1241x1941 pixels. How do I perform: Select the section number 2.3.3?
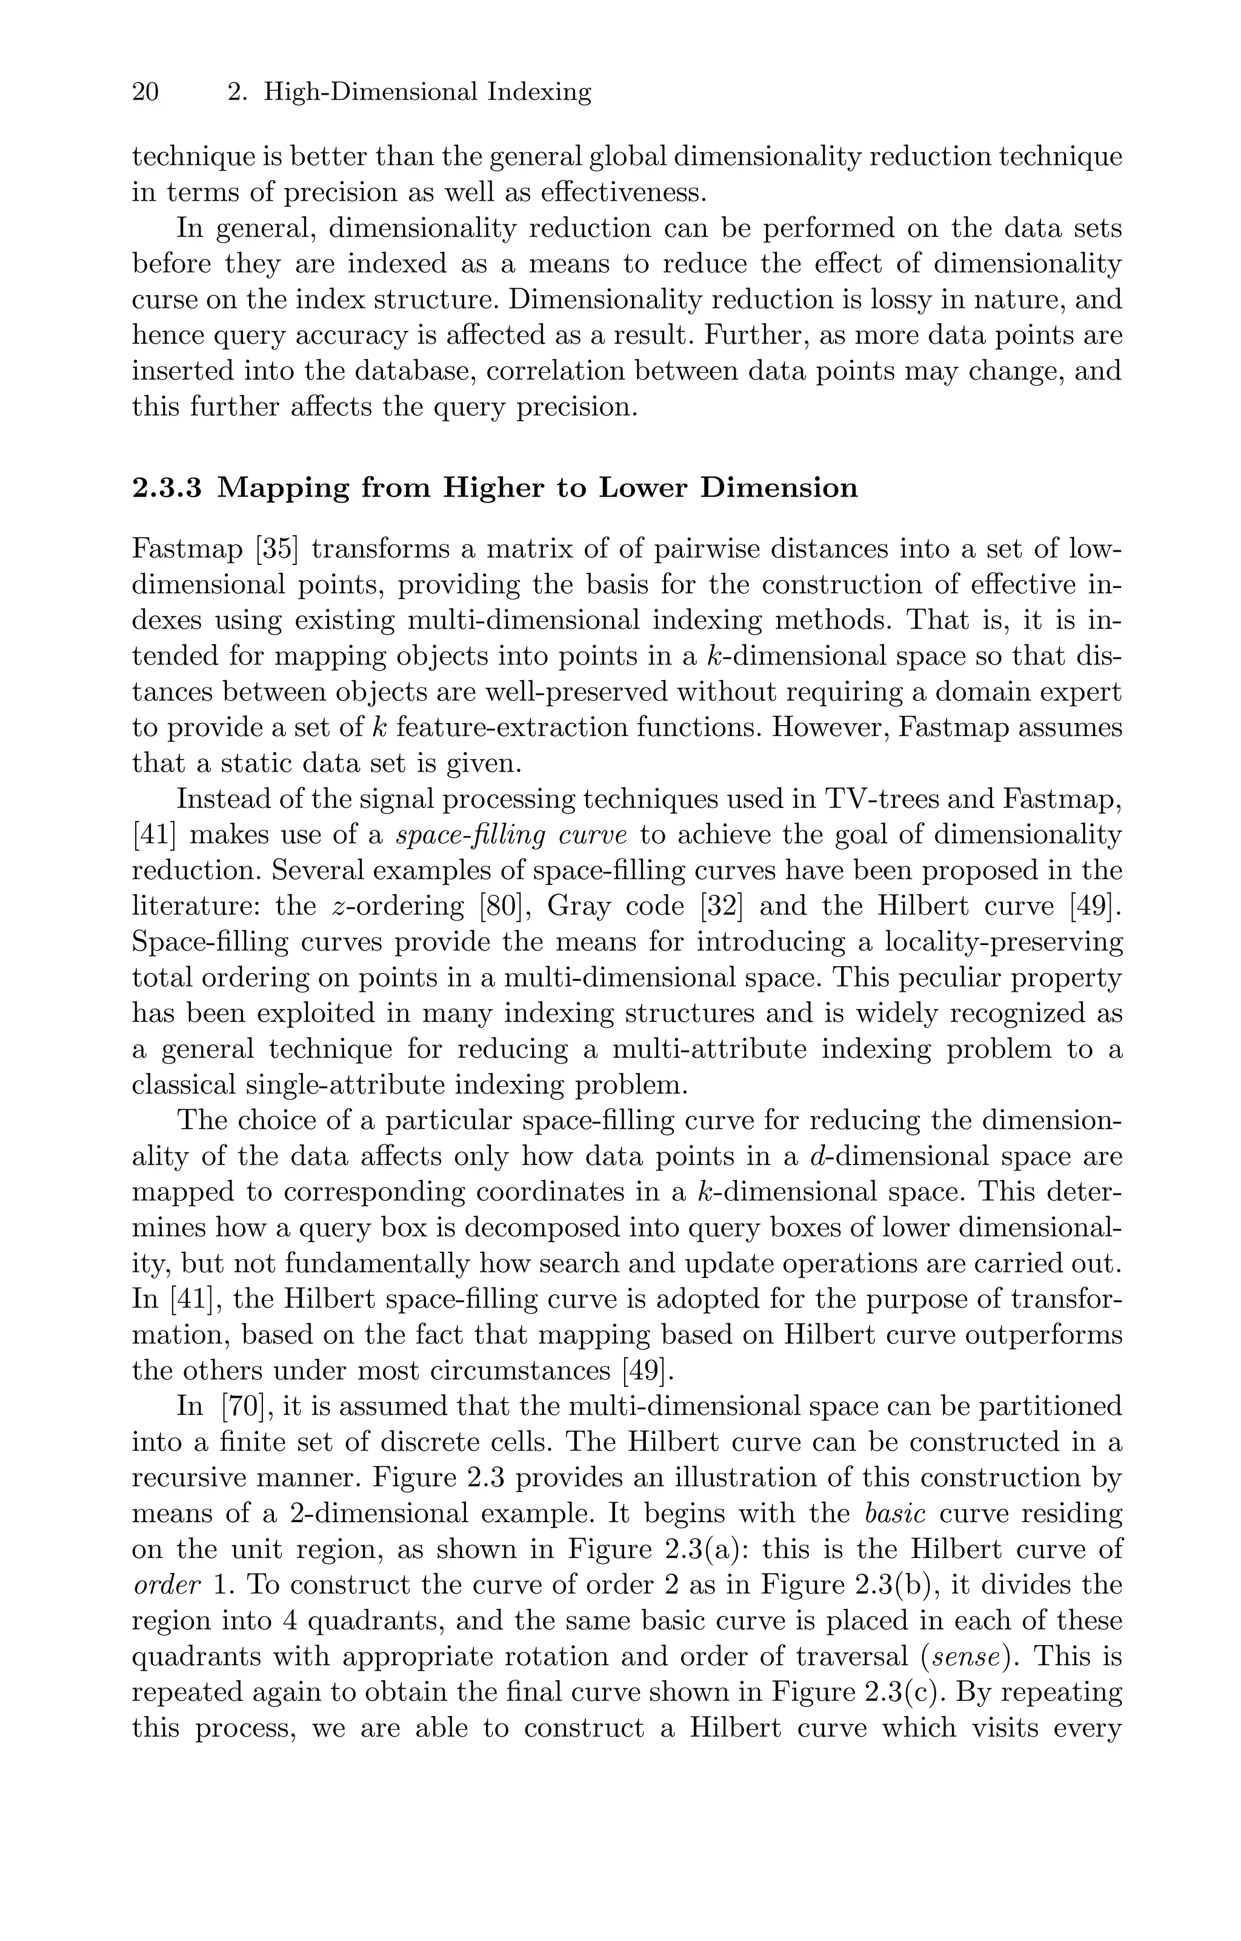pyautogui.click(x=166, y=489)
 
